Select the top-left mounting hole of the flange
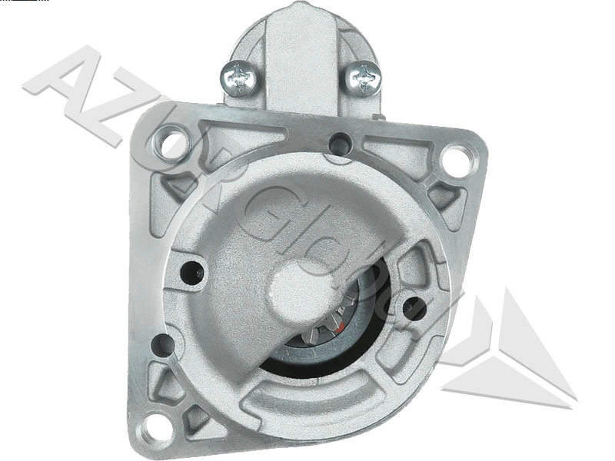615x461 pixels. point(171,141)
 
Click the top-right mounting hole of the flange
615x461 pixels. point(457,159)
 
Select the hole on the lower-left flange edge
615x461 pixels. point(162,346)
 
